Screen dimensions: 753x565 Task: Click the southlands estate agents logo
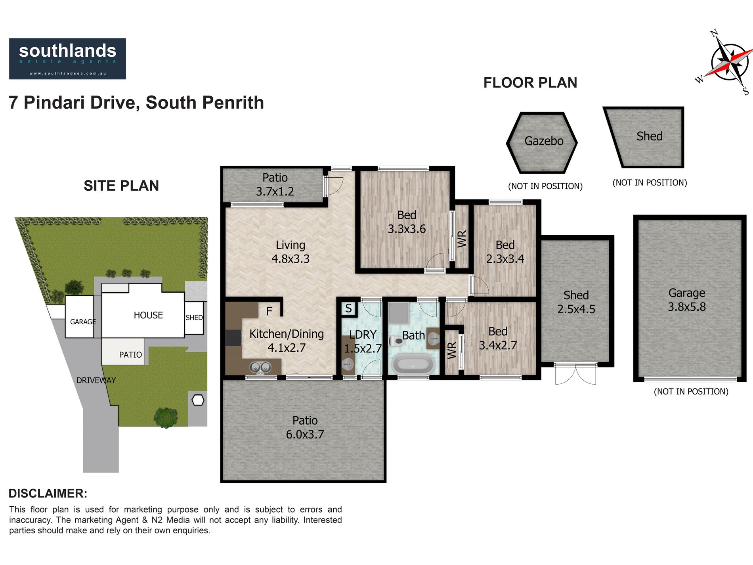coord(67,59)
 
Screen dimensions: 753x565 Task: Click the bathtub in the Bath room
coord(413,364)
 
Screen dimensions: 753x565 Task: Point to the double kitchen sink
coord(260,368)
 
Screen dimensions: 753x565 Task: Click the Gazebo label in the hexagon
coord(544,141)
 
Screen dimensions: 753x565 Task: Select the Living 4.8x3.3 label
coord(290,252)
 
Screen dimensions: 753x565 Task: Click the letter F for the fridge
coord(269,311)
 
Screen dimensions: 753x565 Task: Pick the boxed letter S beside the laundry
coord(348,308)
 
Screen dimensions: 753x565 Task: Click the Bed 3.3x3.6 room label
coord(407,222)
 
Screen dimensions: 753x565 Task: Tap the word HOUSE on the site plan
coord(148,315)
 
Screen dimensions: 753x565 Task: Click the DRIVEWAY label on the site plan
coord(96,380)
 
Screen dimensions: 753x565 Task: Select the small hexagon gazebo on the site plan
coord(198,400)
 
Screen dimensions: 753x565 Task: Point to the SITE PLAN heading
coord(121,186)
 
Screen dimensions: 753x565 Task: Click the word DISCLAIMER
coord(48,493)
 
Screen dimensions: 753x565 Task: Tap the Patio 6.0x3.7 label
coord(305,427)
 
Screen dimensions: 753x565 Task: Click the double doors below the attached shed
coord(575,374)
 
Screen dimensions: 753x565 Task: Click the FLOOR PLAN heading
coord(530,83)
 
